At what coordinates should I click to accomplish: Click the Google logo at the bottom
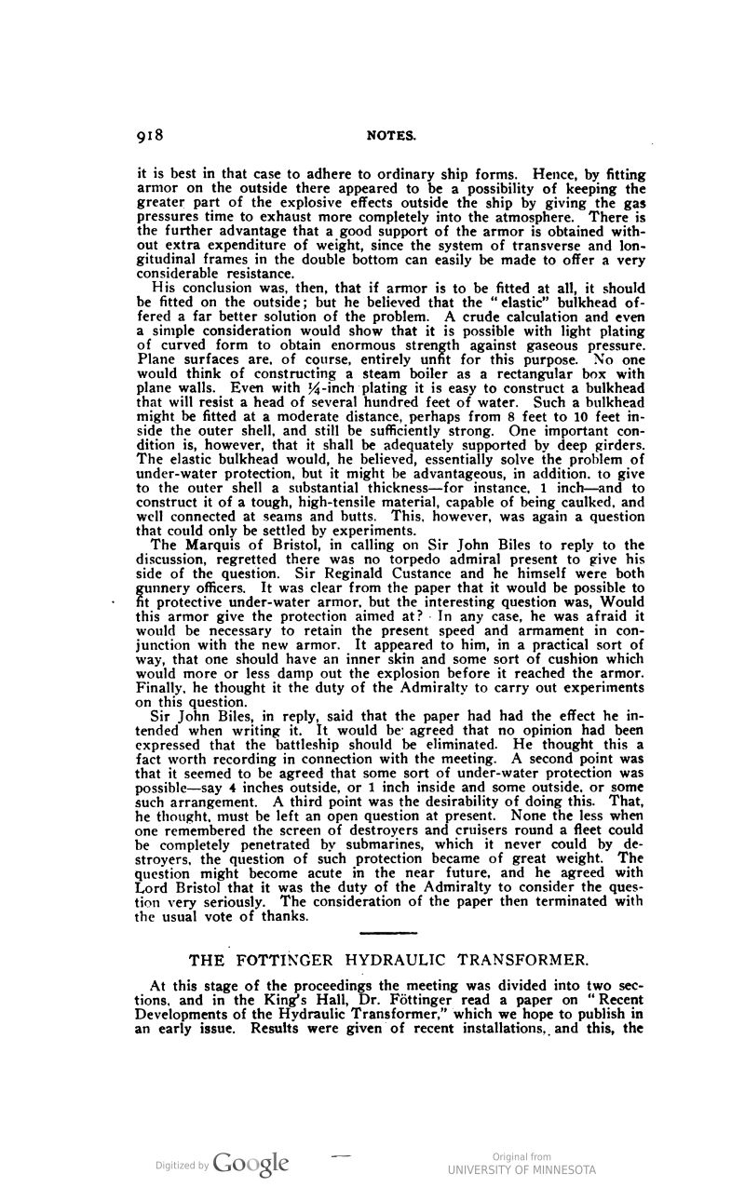pos(251,1163)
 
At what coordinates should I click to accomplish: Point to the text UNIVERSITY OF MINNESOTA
pos(521,1169)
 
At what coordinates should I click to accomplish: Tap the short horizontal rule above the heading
pos(380,933)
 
